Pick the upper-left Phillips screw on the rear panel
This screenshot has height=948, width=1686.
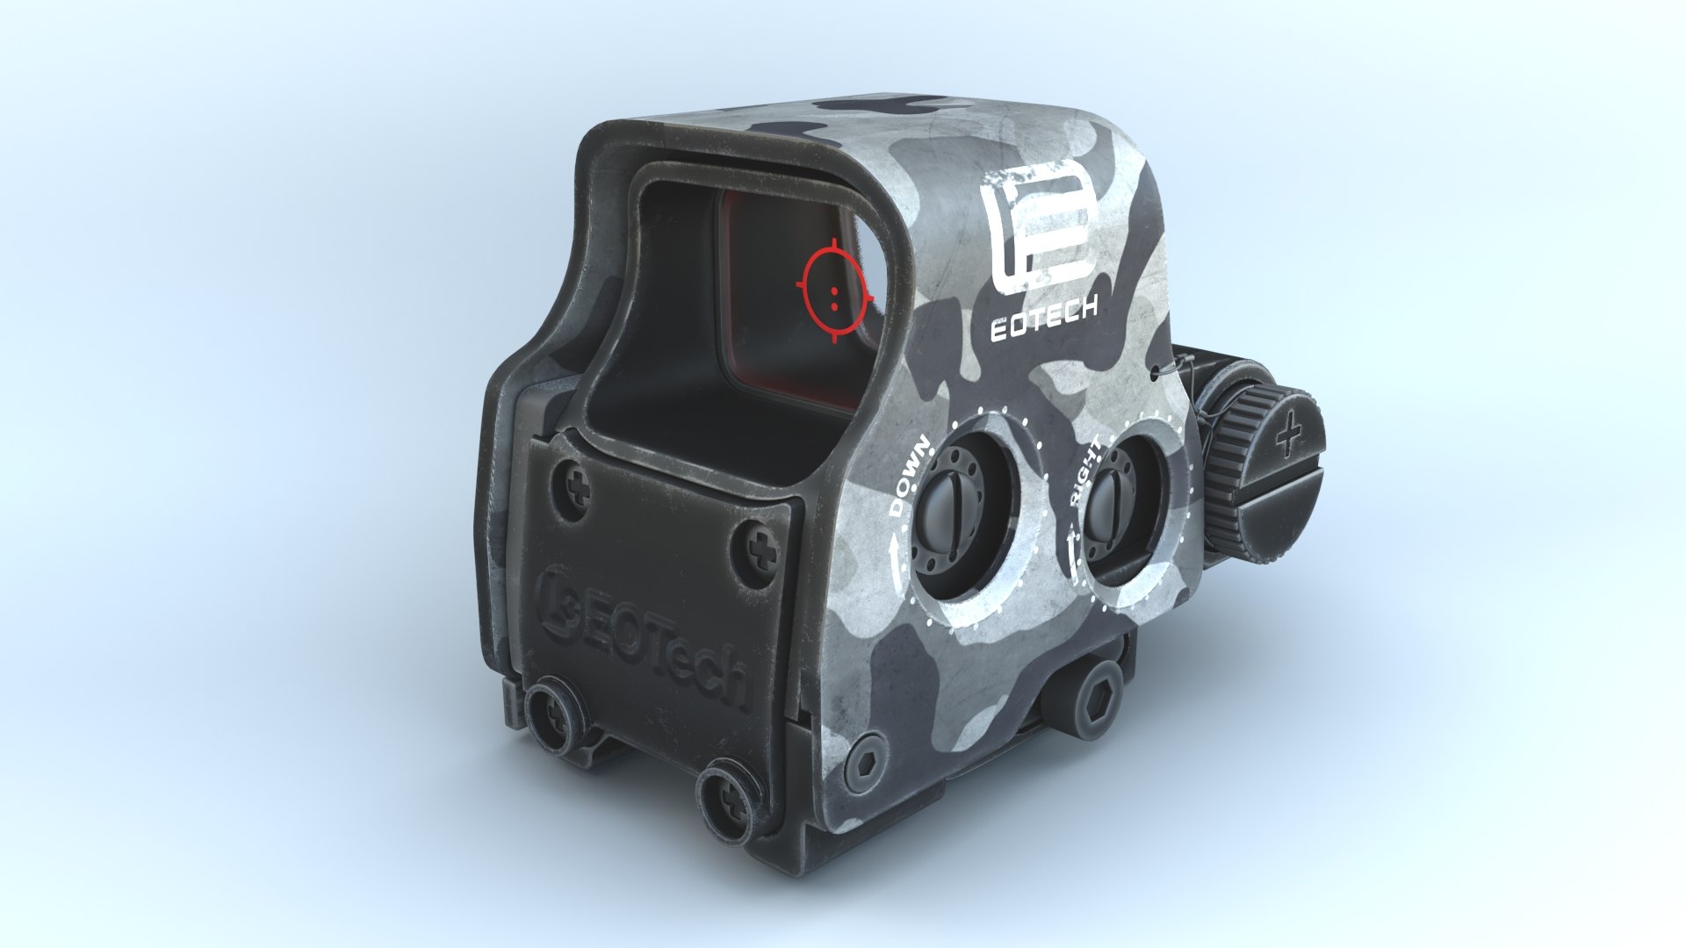[580, 485]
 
